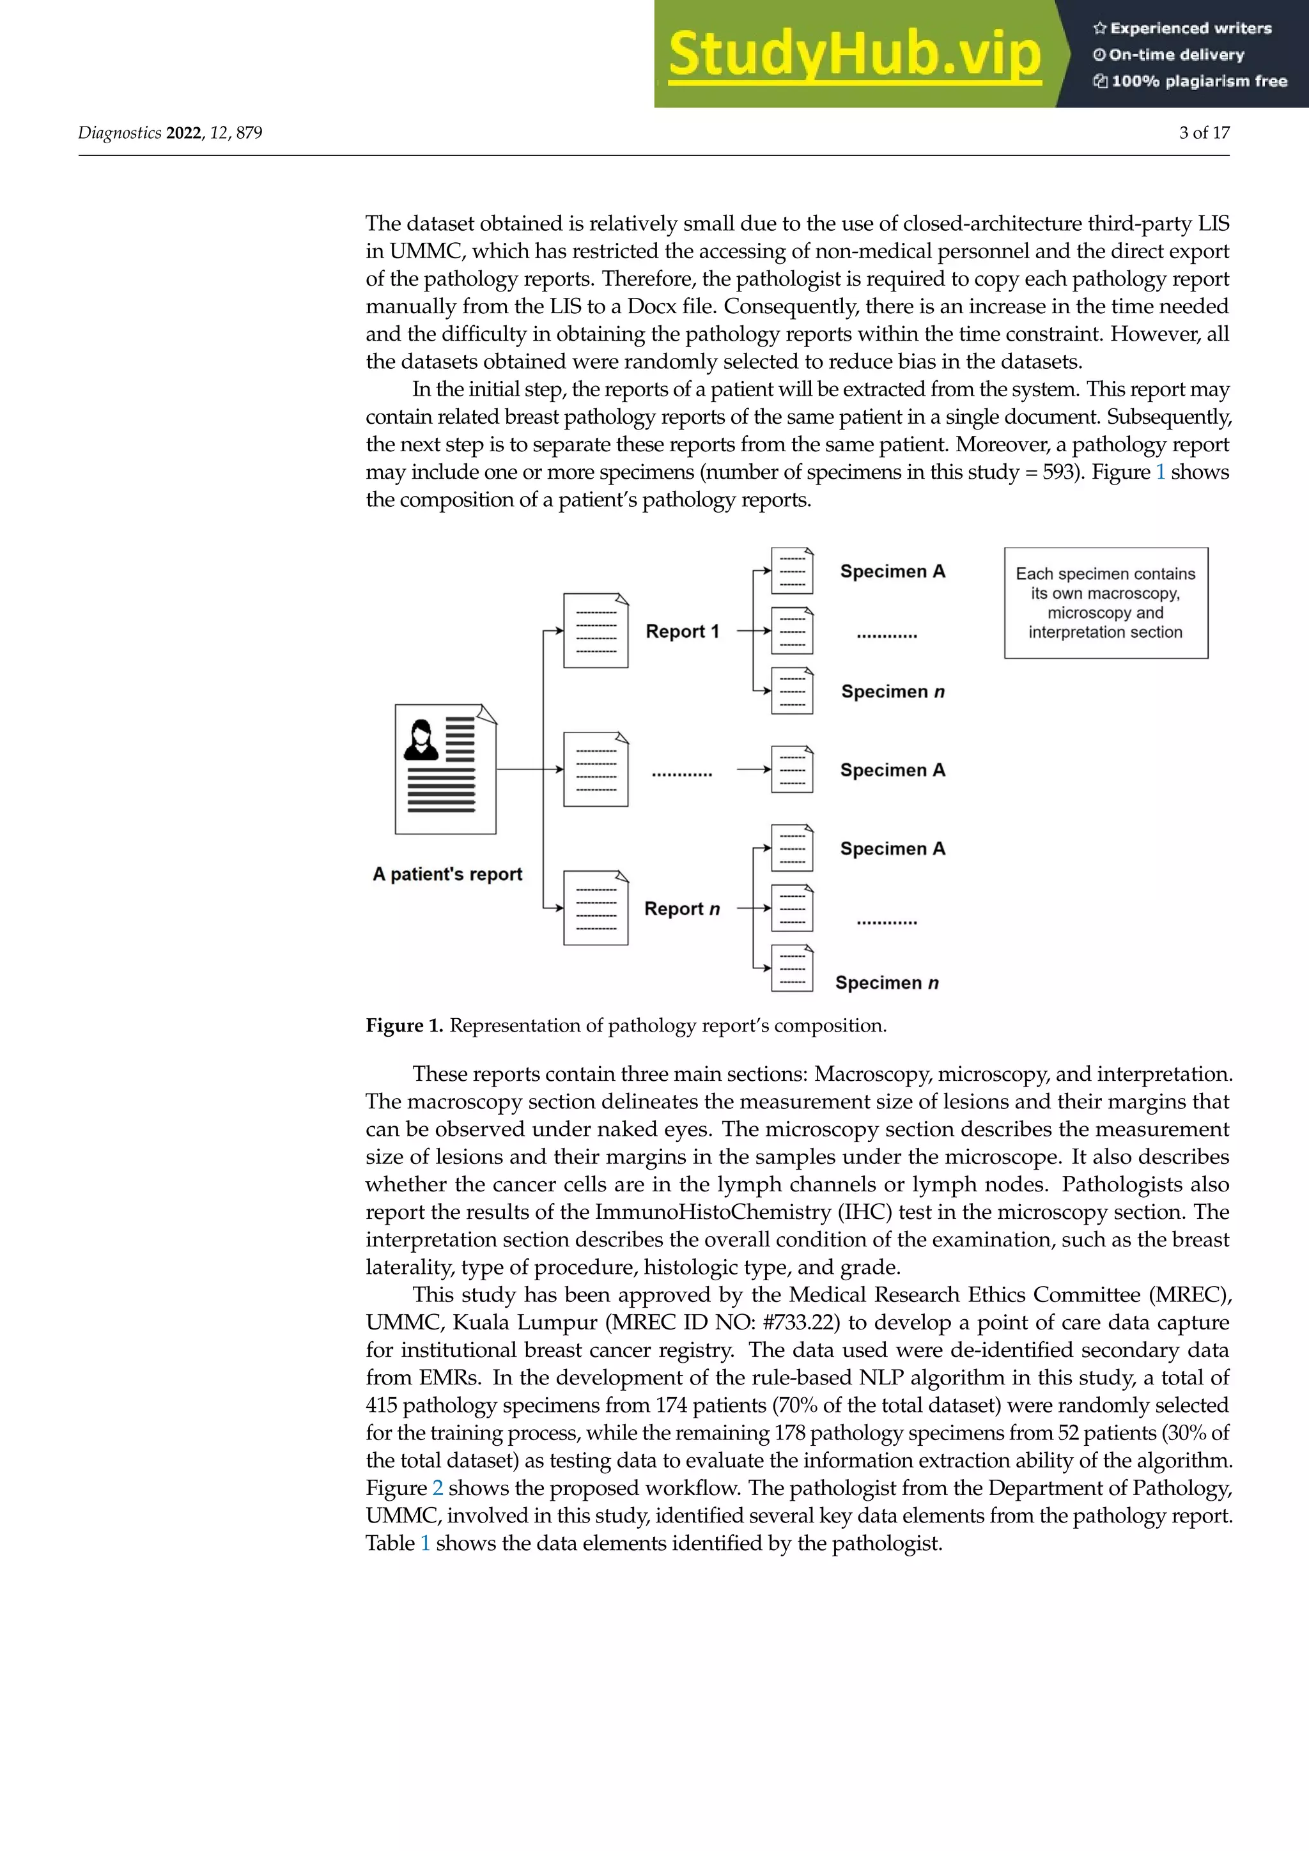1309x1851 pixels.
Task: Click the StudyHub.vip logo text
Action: [855, 54]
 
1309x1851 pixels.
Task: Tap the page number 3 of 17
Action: [1204, 132]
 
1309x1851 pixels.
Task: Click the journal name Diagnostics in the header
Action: [120, 132]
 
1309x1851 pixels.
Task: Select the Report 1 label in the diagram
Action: [682, 631]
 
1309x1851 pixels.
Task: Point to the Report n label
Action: [682, 909]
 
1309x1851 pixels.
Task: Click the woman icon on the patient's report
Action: [421, 740]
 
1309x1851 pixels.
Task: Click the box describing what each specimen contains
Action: [1105, 603]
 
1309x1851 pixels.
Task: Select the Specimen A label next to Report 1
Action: [892, 571]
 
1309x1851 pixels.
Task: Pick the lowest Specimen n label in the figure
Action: [887, 983]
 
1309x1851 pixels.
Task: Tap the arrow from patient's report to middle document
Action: [529, 769]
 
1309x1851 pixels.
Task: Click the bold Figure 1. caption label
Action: [404, 1025]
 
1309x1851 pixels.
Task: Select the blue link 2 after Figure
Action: [438, 1487]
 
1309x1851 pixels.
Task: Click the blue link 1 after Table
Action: [426, 1543]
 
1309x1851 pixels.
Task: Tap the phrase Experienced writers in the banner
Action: [1189, 28]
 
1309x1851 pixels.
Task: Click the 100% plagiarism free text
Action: [1198, 81]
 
